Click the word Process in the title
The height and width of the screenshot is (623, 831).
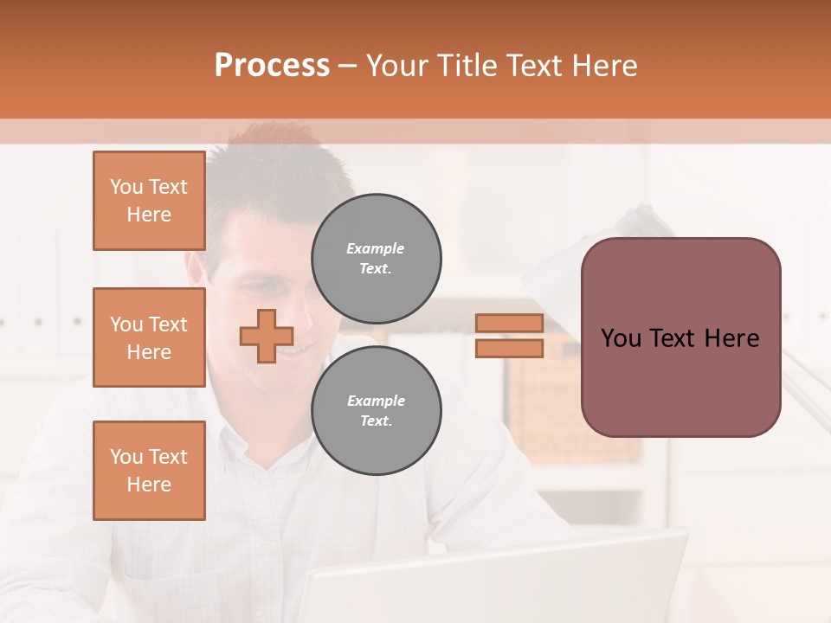272,66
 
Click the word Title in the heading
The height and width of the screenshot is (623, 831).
464,66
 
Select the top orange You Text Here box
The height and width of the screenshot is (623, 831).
149,201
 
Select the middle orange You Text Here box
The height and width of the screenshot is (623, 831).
149,337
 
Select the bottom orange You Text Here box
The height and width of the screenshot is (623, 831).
149,471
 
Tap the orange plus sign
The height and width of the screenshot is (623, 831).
267,336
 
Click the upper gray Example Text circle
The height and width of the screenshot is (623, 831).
377,259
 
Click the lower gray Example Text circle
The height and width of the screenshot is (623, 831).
377,411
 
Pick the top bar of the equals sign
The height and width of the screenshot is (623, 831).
510,323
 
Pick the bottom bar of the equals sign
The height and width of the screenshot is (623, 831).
510,349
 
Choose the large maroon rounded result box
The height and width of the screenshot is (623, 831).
680,381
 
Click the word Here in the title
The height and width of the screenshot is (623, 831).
602,66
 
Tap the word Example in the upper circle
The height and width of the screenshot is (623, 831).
376,248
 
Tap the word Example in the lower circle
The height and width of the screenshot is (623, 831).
376,401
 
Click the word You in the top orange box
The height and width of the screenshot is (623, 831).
126,187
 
